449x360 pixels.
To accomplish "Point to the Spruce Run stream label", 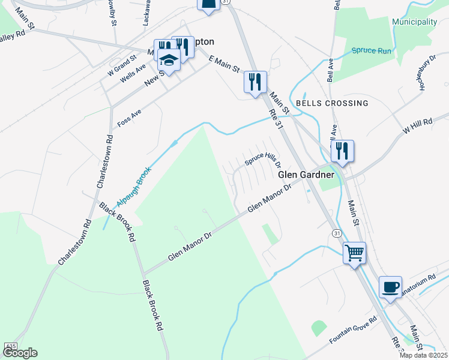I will pos(372,51).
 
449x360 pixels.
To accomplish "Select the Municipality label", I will pos(414,22).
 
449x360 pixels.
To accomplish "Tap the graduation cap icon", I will pos(169,61).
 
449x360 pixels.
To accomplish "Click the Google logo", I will pos(20,353).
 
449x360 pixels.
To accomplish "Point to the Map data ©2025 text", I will pos(424,355).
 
